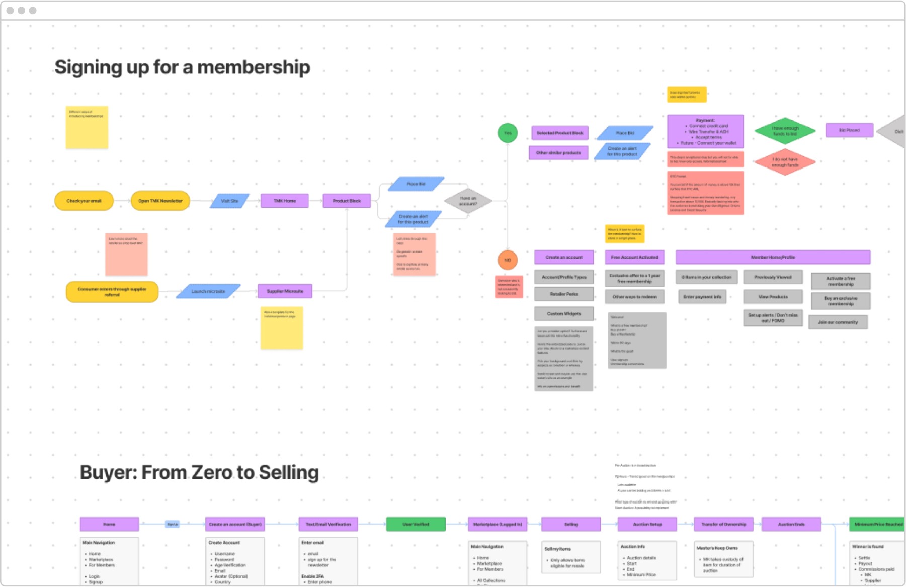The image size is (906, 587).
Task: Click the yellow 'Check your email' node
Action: point(84,201)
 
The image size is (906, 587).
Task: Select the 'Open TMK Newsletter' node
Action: point(160,201)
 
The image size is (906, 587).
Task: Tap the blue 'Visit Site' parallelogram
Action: point(229,201)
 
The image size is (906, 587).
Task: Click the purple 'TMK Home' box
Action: point(284,201)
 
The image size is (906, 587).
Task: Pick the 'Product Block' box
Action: point(347,201)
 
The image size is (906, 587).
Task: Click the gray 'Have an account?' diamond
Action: point(468,201)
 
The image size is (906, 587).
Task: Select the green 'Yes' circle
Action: point(508,133)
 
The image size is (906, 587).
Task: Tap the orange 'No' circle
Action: point(508,260)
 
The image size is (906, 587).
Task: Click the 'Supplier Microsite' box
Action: point(285,291)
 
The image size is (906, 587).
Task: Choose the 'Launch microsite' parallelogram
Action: point(208,291)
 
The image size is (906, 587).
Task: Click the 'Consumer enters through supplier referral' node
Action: point(112,292)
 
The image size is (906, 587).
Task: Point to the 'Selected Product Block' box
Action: point(559,133)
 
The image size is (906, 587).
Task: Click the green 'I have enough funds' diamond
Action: point(785,131)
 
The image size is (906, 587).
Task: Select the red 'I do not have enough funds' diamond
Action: point(785,162)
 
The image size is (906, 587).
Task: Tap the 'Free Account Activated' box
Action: point(634,257)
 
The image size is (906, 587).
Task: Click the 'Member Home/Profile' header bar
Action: point(773,257)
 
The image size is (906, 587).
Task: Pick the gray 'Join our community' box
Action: point(838,322)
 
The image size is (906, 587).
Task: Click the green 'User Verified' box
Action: point(416,524)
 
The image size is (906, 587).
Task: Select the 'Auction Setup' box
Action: point(647,524)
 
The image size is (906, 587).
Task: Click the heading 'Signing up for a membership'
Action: point(182,67)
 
